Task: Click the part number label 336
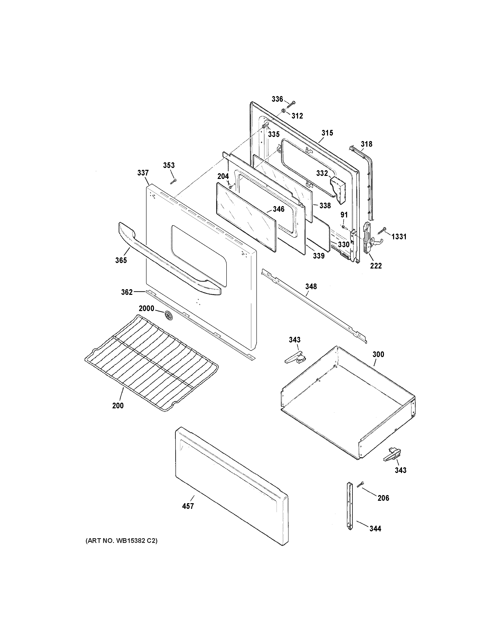(277, 99)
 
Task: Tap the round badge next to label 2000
(168, 315)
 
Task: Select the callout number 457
(188, 506)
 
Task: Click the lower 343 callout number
(401, 470)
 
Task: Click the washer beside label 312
(283, 111)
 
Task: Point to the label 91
(344, 215)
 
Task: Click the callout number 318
(366, 144)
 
